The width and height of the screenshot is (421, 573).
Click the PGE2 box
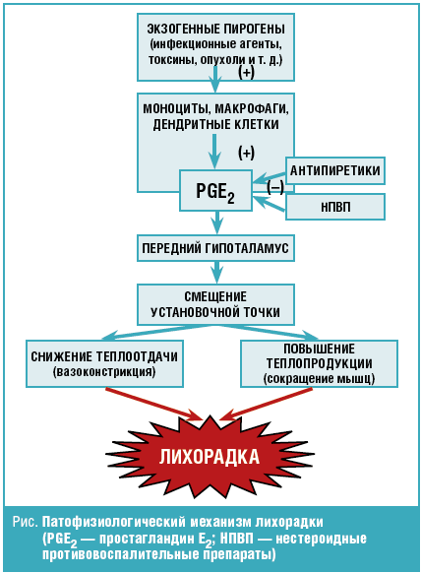click(215, 190)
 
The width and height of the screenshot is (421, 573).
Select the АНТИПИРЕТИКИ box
click(334, 170)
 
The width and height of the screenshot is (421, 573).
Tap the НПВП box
click(334, 207)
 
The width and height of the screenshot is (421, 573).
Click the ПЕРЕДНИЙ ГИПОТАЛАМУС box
click(215, 248)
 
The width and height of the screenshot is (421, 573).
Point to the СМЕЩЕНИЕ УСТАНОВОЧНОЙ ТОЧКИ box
click(215, 304)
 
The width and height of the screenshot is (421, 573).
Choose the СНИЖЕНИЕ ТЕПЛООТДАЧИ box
click(104, 363)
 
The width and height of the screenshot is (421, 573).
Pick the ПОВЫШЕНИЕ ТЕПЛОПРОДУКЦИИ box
click(319, 363)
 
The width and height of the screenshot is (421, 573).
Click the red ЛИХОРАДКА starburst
click(210, 457)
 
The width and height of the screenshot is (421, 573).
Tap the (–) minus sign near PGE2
click(275, 188)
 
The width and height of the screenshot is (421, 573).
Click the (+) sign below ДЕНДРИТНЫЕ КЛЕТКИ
click(247, 153)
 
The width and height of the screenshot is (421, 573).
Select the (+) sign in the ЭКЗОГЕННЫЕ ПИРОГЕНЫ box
click(247, 72)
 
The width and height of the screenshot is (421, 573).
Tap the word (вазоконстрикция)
click(104, 372)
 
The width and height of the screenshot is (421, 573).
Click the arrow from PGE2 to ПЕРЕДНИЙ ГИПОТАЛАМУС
click(217, 223)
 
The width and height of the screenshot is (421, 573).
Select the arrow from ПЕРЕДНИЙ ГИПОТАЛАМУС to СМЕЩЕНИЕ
click(217, 273)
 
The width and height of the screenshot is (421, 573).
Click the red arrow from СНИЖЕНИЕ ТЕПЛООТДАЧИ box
click(153, 404)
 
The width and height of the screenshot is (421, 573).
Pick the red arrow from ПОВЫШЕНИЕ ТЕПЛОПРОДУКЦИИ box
click(266, 404)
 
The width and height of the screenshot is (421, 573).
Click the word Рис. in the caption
click(25, 522)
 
